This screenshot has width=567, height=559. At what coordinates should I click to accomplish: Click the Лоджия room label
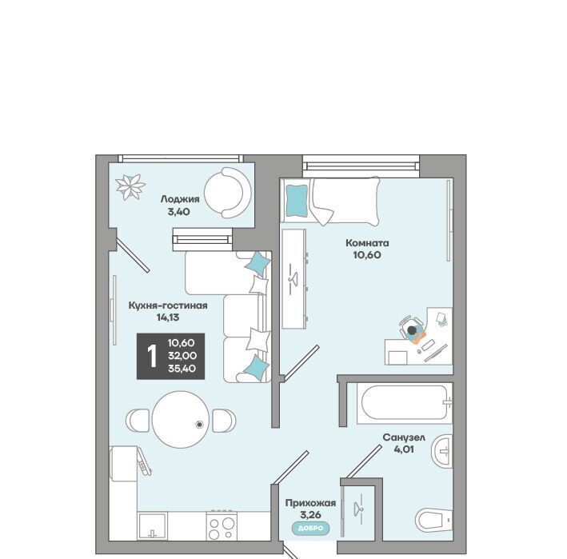(180, 199)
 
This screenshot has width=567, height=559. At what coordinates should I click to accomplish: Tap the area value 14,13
(168, 317)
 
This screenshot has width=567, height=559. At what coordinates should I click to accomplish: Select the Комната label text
(367, 243)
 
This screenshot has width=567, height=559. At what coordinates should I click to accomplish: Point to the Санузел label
(404, 437)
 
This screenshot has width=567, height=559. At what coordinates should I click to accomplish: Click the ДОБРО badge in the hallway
(311, 529)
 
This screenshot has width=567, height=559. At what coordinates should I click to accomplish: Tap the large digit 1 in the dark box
(152, 356)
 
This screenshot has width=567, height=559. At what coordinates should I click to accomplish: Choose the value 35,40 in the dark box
(182, 369)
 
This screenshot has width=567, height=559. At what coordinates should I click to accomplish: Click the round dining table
(181, 419)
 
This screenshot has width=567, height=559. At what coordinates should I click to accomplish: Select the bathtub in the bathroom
(405, 403)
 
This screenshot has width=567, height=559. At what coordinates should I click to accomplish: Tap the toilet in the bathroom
(433, 520)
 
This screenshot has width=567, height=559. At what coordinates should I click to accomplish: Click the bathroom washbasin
(442, 451)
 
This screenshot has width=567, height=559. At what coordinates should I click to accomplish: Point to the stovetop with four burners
(222, 526)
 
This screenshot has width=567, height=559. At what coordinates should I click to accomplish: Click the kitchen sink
(152, 526)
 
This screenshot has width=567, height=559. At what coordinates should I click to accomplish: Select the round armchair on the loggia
(228, 193)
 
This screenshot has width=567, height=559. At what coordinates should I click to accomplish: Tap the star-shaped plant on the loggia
(130, 187)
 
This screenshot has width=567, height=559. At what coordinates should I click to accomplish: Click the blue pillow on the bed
(297, 201)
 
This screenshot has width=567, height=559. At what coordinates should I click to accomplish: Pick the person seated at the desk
(413, 332)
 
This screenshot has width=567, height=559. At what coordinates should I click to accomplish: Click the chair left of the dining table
(138, 420)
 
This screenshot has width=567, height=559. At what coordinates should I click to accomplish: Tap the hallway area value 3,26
(310, 514)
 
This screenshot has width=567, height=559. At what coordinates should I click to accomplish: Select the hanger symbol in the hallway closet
(358, 509)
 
